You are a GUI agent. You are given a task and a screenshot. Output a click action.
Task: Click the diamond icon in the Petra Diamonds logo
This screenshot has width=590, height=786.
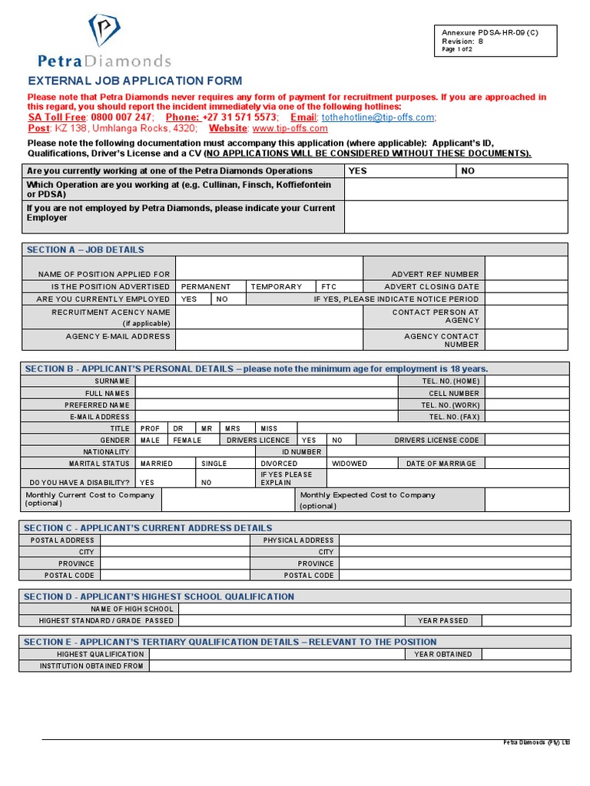pos(104,30)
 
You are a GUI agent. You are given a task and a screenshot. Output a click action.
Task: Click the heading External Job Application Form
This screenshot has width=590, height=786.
pos(134,81)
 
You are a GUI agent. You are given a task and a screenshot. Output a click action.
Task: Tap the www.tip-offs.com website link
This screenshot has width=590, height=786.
pos(290,128)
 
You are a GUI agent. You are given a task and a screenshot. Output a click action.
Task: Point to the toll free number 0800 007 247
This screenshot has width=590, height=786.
pos(115,117)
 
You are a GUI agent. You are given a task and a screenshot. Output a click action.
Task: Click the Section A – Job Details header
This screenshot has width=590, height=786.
pos(85,249)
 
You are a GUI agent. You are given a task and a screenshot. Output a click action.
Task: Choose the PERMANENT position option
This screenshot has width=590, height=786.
pos(206,286)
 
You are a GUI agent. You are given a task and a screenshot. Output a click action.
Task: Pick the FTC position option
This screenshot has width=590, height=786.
pos(329,286)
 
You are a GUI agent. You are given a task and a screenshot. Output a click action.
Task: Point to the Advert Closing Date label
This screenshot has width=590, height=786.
pos(432,286)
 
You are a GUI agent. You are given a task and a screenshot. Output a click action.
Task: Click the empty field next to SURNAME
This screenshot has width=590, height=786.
pos(266,381)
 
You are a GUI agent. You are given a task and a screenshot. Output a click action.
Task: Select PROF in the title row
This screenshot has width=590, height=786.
pos(150,428)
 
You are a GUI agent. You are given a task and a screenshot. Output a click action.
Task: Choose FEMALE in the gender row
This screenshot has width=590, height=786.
pos(187,441)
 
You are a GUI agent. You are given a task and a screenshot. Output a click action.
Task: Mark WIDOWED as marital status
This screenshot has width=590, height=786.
pos(350,464)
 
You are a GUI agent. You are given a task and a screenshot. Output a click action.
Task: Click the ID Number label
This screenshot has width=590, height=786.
pos(301,452)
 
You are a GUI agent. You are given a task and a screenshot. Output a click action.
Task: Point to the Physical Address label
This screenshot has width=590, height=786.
pos(298,540)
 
